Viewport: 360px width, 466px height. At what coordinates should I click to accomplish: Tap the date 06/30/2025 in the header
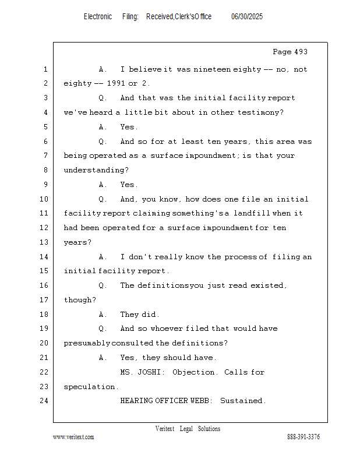click(x=247, y=17)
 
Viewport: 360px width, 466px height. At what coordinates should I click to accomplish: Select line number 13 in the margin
click(x=45, y=242)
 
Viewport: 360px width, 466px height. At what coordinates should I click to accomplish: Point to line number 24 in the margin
click(x=45, y=401)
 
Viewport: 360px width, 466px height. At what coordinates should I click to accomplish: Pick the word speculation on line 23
click(x=90, y=387)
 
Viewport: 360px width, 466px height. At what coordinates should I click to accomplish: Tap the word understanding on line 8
click(x=95, y=170)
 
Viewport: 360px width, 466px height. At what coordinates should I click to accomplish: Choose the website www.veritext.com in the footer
click(x=73, y=437)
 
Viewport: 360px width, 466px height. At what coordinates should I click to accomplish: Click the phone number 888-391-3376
click(x=303, y=437)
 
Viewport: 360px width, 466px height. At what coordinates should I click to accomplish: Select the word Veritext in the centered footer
click(x=165, y=429)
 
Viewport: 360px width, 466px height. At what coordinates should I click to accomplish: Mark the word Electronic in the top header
click(x=98, y=17)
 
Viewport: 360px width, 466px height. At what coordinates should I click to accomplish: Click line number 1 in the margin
click(x=45, y=69)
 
